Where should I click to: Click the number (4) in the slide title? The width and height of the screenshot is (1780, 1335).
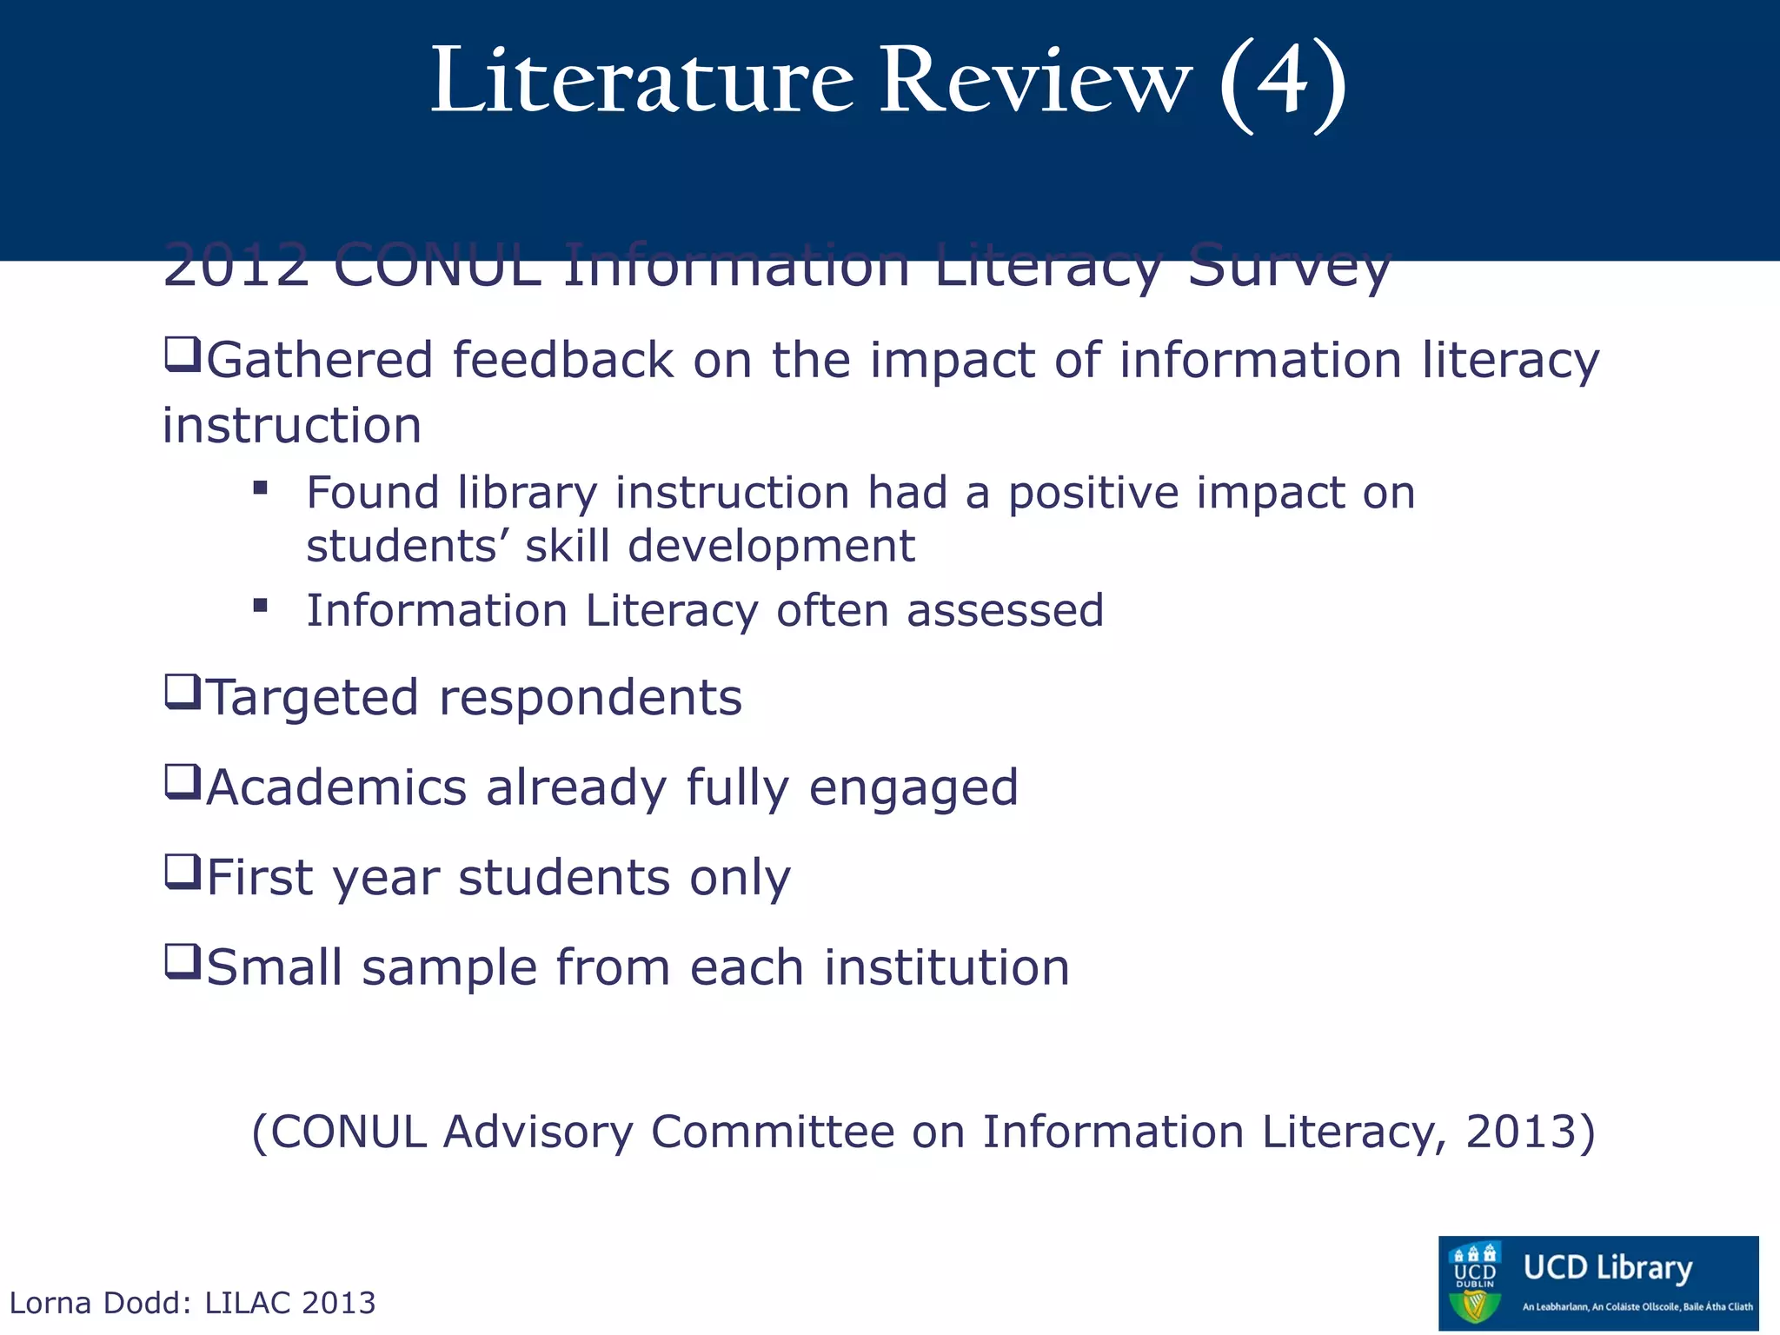click(1283, 83)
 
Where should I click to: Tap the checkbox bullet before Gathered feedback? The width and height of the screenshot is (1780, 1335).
click(183, 355)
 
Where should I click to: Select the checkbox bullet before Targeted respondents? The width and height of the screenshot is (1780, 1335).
click(183, 693)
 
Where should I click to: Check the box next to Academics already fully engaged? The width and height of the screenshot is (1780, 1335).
click(183, 782)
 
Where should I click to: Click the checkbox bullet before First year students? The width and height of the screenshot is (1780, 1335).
click(183, 872)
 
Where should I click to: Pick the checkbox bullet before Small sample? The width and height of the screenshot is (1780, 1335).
click(183, 962)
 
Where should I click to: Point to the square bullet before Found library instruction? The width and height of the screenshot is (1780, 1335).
click(260, 488)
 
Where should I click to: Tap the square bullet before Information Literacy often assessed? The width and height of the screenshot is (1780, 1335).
click(260, 605)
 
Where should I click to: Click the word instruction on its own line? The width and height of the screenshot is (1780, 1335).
click(292, 426)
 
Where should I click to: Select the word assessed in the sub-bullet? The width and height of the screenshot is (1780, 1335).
click(1005, 610)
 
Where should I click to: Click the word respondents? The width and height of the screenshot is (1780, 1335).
click(590, 698)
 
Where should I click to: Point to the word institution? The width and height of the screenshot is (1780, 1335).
click(946, 967)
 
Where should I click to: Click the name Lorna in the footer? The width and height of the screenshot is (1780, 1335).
click(50, 1303)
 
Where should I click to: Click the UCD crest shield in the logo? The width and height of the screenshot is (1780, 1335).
click(1475, 1284)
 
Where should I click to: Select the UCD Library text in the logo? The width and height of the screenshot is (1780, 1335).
click(1608, 1268)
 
